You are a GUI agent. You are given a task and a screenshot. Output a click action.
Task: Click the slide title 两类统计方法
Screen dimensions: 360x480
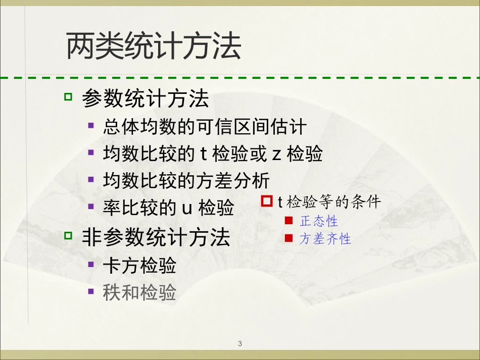(x=154, y=47)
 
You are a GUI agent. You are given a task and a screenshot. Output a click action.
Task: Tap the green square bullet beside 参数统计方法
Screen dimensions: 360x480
(x=69, y=96)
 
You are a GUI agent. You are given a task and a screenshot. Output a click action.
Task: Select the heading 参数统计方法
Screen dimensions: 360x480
(x=146, y=99)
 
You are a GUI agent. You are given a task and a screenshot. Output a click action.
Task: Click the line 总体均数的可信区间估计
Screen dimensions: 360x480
(x=205, y=127)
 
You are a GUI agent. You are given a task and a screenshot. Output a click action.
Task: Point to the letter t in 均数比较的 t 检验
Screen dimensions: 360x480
(x=204, y=154)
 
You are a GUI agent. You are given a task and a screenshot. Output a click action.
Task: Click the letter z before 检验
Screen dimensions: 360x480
(x=277, y=155)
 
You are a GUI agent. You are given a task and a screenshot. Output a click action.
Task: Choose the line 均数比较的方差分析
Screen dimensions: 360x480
(x=186, y=181)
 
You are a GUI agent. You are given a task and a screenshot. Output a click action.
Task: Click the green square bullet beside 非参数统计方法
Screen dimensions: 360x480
(x=69, y=235)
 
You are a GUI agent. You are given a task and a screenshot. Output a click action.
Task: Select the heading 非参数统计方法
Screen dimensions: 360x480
(x=156, y=238)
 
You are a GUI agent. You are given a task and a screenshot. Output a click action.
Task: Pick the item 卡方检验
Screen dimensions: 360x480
(x=139, y=266)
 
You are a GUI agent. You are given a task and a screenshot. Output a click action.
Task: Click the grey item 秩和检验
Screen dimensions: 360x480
(x=139, y=292)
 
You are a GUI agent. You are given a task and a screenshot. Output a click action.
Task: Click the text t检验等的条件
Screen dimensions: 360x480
(x=329, y=202)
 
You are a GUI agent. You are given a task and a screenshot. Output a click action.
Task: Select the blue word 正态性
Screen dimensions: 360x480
(x=319, y=221)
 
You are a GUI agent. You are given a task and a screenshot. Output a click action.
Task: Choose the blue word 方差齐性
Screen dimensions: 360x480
(x=325, y=239)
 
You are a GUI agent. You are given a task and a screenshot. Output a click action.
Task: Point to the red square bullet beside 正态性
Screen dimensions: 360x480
(x=289, y=221)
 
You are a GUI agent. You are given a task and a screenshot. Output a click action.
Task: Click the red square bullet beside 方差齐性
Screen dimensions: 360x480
(x=289, y=238)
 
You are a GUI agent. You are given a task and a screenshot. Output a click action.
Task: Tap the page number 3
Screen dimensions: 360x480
(x=240, y=344)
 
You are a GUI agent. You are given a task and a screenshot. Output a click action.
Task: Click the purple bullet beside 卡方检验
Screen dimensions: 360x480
(x=91, y=263)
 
